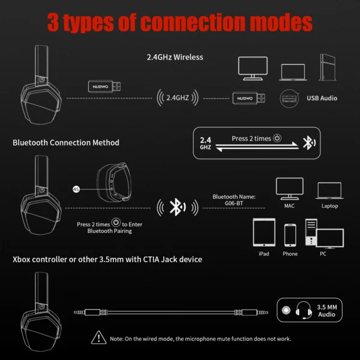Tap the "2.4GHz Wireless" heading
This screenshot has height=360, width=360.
click(175, 58)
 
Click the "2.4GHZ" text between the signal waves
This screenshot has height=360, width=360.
click(177, 97)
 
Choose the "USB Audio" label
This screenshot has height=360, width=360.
click(322, 98)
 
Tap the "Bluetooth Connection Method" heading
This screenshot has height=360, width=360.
click(66, 143)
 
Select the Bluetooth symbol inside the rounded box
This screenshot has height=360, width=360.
click(308, 143)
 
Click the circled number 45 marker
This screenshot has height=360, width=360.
click(76, 188)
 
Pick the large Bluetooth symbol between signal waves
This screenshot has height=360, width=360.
click(176, 208)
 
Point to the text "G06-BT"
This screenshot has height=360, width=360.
click(235, 203)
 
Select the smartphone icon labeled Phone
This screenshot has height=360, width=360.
click(290, 234)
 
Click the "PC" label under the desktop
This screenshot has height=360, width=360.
click(323, 254)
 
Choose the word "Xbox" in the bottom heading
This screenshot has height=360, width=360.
click(22, 259)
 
